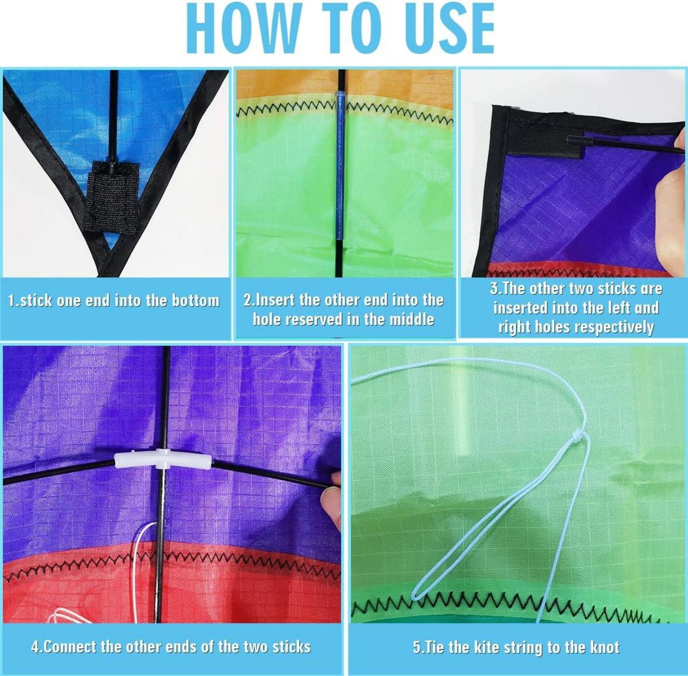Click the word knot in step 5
click(x=604, y=648)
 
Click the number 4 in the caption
click(x=36, y=647)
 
